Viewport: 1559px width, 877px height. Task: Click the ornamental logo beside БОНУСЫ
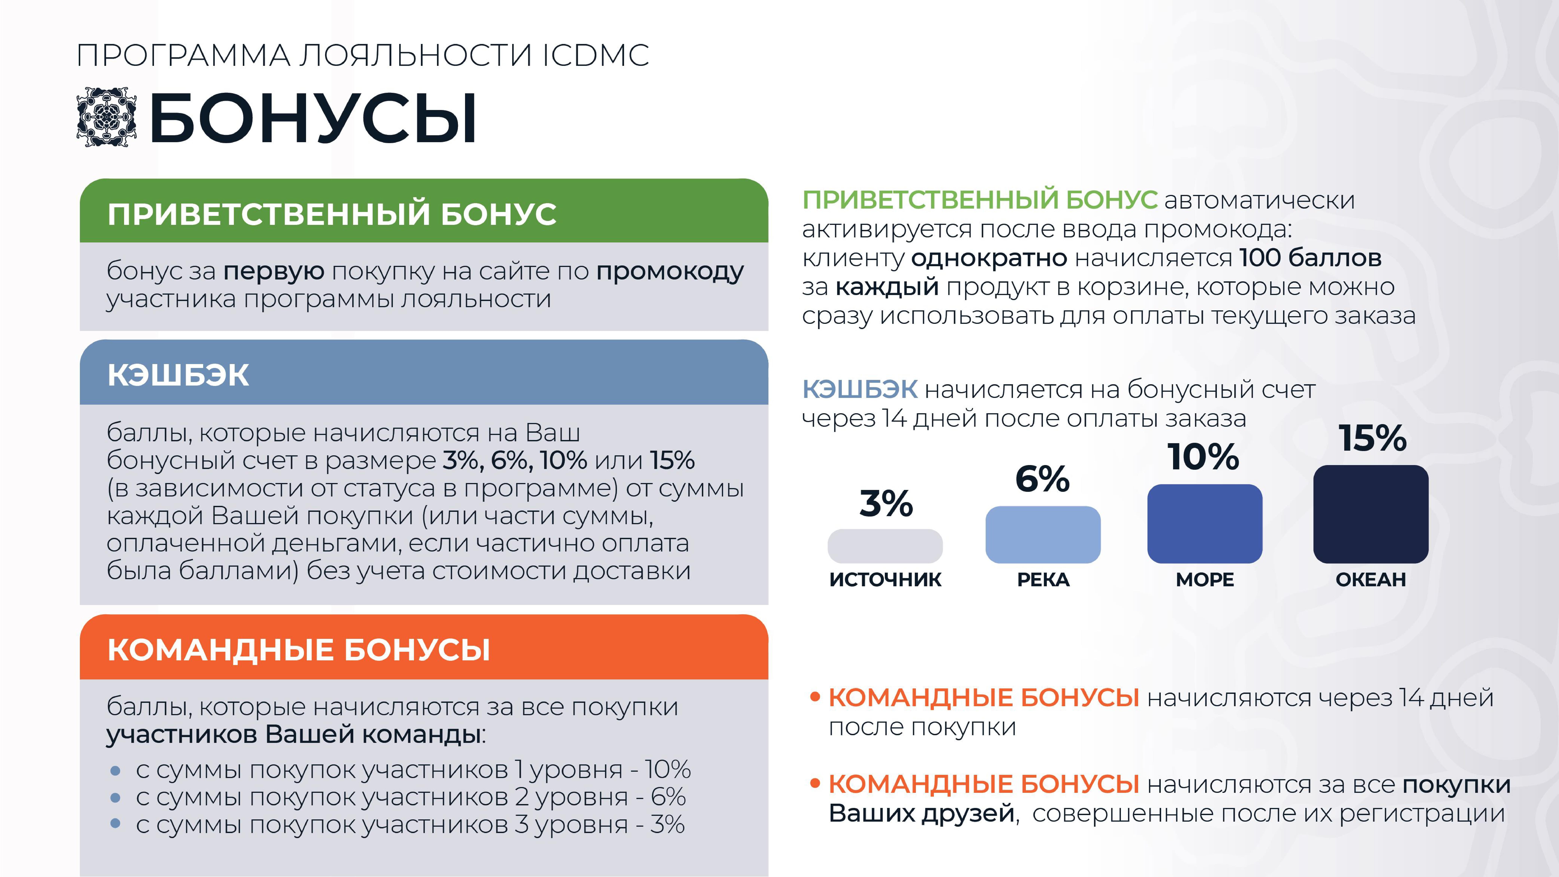click(x=106, y=116)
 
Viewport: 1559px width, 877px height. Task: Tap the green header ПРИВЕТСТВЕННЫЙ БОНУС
click(x=332, y=214)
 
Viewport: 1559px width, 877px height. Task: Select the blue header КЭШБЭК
click(x=178, y=375)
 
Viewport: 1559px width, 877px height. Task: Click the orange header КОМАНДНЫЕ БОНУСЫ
click(x=298, y=650)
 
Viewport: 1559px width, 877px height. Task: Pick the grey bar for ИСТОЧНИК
click(x=885, y=546)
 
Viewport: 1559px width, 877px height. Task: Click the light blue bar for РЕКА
click(x=1043, y=534)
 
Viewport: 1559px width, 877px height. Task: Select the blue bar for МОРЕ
click(x=1204, y=524)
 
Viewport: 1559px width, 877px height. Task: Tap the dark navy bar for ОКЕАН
click(x=1371, y=514)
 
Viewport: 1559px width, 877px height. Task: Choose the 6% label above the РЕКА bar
click(x=1042, y=479)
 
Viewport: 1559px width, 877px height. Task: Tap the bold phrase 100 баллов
click(x=1310, y=258)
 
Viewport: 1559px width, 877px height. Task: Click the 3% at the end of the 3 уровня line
click(x=667, y=824)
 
